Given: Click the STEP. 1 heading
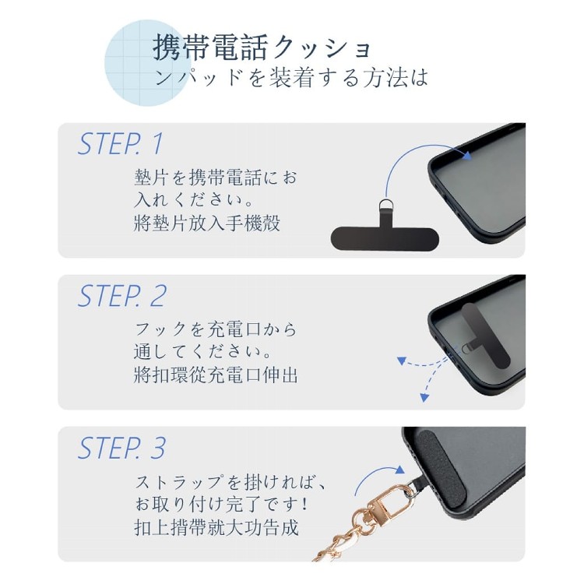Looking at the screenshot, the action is (x=121, y=144).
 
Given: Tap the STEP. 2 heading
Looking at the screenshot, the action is (x=121, y=296).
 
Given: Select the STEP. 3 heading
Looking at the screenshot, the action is (x=121, y=448).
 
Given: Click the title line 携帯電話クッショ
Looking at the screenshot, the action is (x=262, y=47).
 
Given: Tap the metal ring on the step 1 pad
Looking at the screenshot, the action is (x=385, y=206).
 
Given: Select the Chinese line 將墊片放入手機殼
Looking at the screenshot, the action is (x=206, y=223).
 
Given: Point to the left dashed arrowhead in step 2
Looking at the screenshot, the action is (x=401, y=361).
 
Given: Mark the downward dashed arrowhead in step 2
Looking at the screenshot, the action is (x=424, y=397).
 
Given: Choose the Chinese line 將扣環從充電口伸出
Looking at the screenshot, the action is (x=216, y=375).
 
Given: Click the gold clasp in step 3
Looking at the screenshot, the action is (x=390, y=501).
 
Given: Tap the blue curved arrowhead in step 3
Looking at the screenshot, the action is (x=399, y=470).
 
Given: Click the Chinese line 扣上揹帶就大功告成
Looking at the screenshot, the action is (x=216, y=527).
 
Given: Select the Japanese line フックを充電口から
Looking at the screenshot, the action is (x=216, y=329).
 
